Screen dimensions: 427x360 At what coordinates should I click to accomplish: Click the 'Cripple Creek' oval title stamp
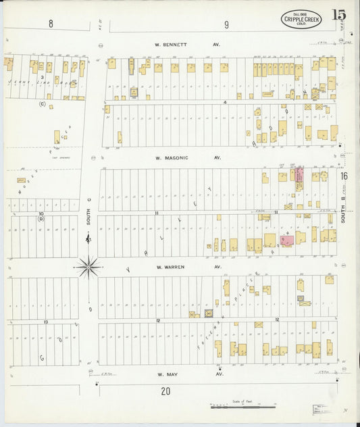coord(301,19)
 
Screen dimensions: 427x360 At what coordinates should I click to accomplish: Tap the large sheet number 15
coord(340,16)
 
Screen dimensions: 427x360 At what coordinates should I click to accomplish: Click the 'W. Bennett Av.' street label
coord(178,45)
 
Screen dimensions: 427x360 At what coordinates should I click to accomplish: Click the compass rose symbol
coord(88,268)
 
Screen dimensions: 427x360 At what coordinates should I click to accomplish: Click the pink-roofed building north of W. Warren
coord(286,239)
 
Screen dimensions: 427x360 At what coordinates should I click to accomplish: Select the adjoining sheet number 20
coord(165,391)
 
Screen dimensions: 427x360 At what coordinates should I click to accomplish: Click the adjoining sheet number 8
coord(50,24)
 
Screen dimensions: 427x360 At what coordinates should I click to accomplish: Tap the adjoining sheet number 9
coord(226,25)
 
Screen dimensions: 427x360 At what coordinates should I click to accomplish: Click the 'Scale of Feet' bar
coord(242,407)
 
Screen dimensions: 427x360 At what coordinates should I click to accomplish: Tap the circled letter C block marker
coord(42,104)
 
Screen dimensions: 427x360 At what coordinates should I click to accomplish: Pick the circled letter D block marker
coord(41,219)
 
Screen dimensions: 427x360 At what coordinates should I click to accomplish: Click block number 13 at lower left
coord(45,322)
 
